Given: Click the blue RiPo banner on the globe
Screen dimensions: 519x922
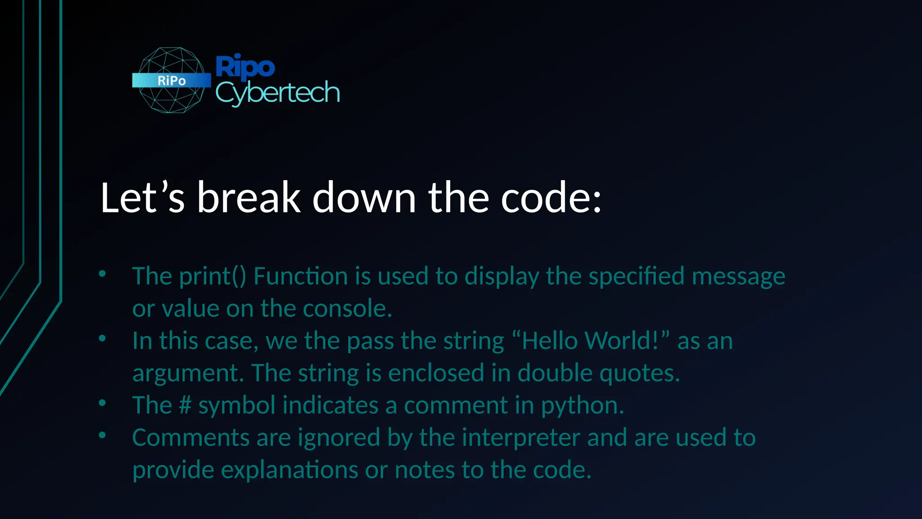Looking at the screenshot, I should coord(172,80).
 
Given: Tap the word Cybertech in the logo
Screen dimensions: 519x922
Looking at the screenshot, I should coord(277,93).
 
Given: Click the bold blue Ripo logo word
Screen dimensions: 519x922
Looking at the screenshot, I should coord(245,67).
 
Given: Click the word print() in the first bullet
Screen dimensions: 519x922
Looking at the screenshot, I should coord(213,276).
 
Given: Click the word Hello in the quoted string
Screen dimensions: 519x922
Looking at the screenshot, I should coord(550,341).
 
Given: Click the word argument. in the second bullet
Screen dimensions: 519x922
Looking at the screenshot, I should coord(188,373).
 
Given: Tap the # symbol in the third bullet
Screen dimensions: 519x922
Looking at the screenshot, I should coord(185,405).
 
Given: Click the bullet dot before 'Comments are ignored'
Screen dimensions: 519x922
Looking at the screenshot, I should coord(102,435).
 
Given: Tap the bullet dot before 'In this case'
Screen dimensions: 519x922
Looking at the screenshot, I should coord(102,338).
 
